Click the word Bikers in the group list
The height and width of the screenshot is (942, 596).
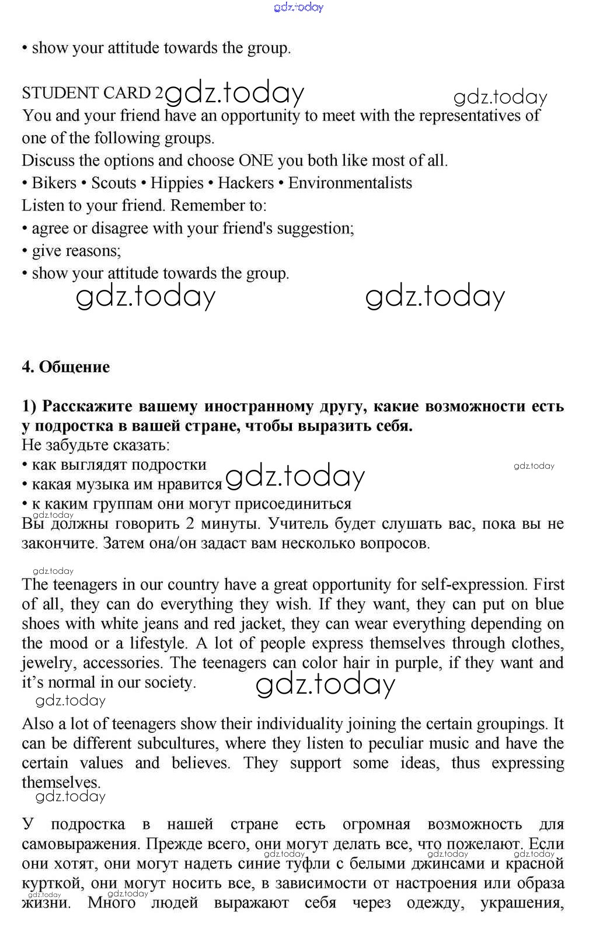(x=54, y=183)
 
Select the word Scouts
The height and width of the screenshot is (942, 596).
(x=113, y=183)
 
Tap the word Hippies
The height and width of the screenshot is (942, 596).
(x=177, y=183)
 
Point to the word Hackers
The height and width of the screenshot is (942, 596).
(x=246, y=183)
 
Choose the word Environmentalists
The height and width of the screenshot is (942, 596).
(x=350, y=183)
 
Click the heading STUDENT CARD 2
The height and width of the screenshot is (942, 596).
(x=93, y=93)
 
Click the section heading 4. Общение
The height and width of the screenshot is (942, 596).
(x=65, y=367)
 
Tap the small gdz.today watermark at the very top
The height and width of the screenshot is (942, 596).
(x=298, y=7)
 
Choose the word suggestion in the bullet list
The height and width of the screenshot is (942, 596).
(x=315, y=228)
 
